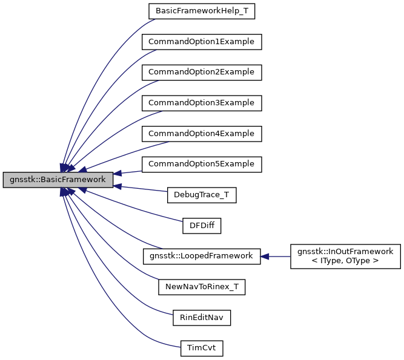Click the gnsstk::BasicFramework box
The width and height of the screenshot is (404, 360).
click(x=58, y=180)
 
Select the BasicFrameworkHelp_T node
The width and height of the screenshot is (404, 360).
click(x=202, y=11)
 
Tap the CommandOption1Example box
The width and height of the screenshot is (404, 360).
click(x=202, y=42)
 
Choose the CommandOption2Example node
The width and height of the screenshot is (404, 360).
click(x=202, y=72)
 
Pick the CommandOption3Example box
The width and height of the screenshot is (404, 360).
click(x=202, y=103)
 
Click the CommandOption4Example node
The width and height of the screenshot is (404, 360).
click(x=202, y=133)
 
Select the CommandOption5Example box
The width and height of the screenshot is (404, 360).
click(x=202, y=164)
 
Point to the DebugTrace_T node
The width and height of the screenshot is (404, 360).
click(x=202, y=195)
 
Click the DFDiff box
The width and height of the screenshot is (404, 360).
click(x=202, y=226)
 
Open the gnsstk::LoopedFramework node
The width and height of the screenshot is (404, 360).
click(x=202, y=256)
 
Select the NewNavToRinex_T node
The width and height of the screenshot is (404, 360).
click(x=202, y=287)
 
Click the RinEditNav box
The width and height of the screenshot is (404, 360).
click(x=202, y=317)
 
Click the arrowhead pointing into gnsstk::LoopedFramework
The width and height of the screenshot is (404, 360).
click(x=265, y=256)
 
